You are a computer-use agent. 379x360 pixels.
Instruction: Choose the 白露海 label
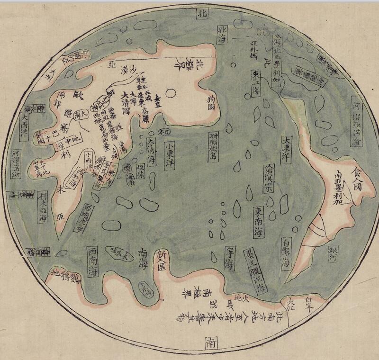point(286,255)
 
